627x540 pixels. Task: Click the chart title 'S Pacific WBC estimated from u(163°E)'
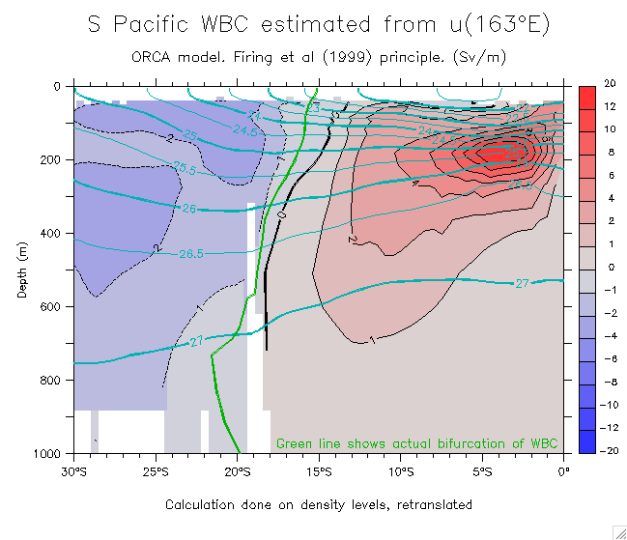(x=319, y=25)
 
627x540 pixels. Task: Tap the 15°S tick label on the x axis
(x=320, y=472)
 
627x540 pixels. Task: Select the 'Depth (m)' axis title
(x=22, y=270)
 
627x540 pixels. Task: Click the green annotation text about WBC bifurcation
(x=417, y=443)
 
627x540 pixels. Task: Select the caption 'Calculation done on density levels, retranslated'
(x=319, y=504)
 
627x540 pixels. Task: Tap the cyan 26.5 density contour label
(x=191, y=254)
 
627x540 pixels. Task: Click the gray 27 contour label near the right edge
(x=522, y=283)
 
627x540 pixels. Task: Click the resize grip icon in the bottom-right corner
(x=618, y=531)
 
